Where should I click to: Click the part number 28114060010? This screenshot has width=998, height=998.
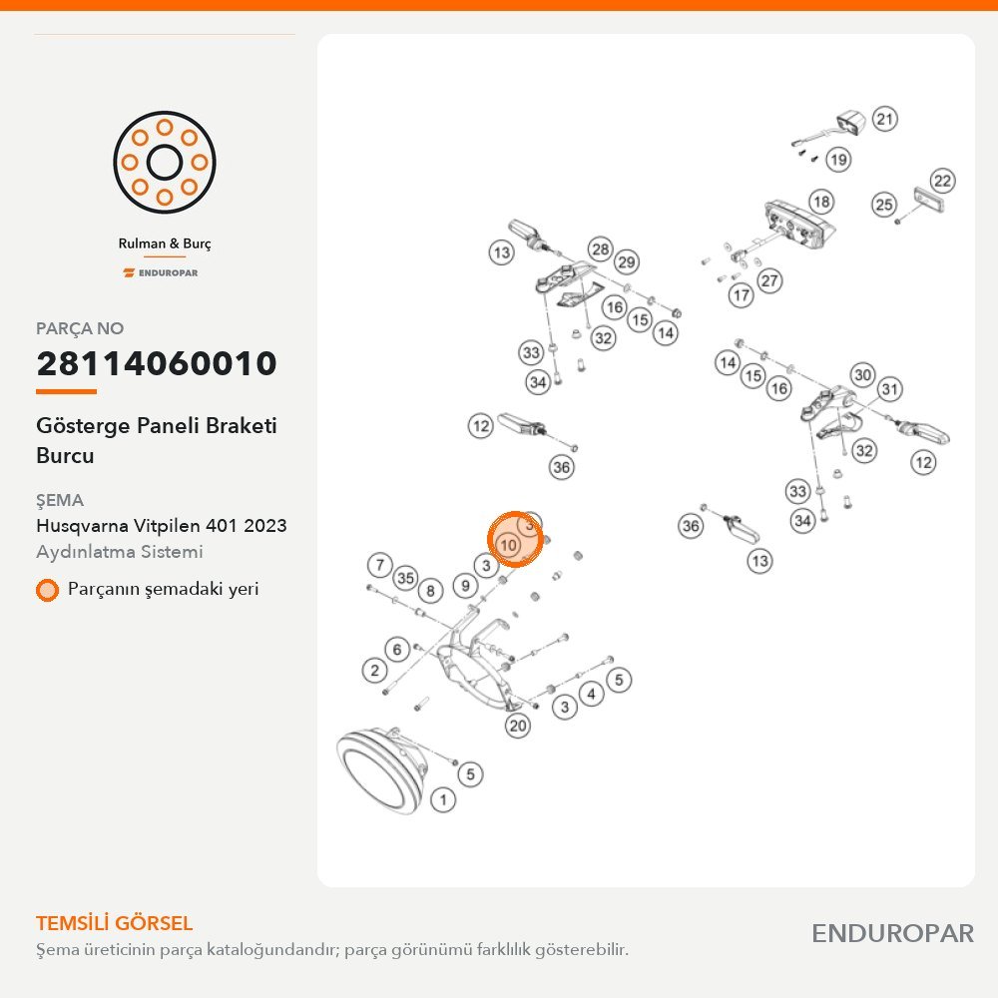coord(157,363)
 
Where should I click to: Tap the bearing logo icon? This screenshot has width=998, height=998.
coord(165,163)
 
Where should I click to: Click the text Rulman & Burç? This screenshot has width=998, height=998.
coord(165,244)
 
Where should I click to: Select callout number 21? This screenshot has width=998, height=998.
coord(884,119)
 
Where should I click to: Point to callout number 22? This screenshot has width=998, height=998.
coord(943,181)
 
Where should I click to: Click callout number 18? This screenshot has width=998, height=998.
coord(821,202)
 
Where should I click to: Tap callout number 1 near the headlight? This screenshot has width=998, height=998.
coord(444,799)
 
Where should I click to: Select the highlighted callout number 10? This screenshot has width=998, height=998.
coord(508,545)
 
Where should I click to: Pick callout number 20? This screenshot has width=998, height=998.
coord(518,726)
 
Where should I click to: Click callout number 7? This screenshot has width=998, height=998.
coord(380,565)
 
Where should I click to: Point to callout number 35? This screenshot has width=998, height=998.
coord(405,578)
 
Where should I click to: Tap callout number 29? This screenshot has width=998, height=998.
coord(627,262)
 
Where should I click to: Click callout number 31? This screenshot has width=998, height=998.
coord(890,389)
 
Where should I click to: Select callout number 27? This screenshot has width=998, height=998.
coord(769,280)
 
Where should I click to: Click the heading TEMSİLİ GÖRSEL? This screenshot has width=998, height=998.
coord(114,923)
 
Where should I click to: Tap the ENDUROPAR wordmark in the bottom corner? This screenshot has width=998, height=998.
coord(892,934)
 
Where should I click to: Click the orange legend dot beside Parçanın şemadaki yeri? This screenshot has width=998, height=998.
coord(47,590)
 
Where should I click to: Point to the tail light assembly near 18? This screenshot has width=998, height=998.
coord(798,226)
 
